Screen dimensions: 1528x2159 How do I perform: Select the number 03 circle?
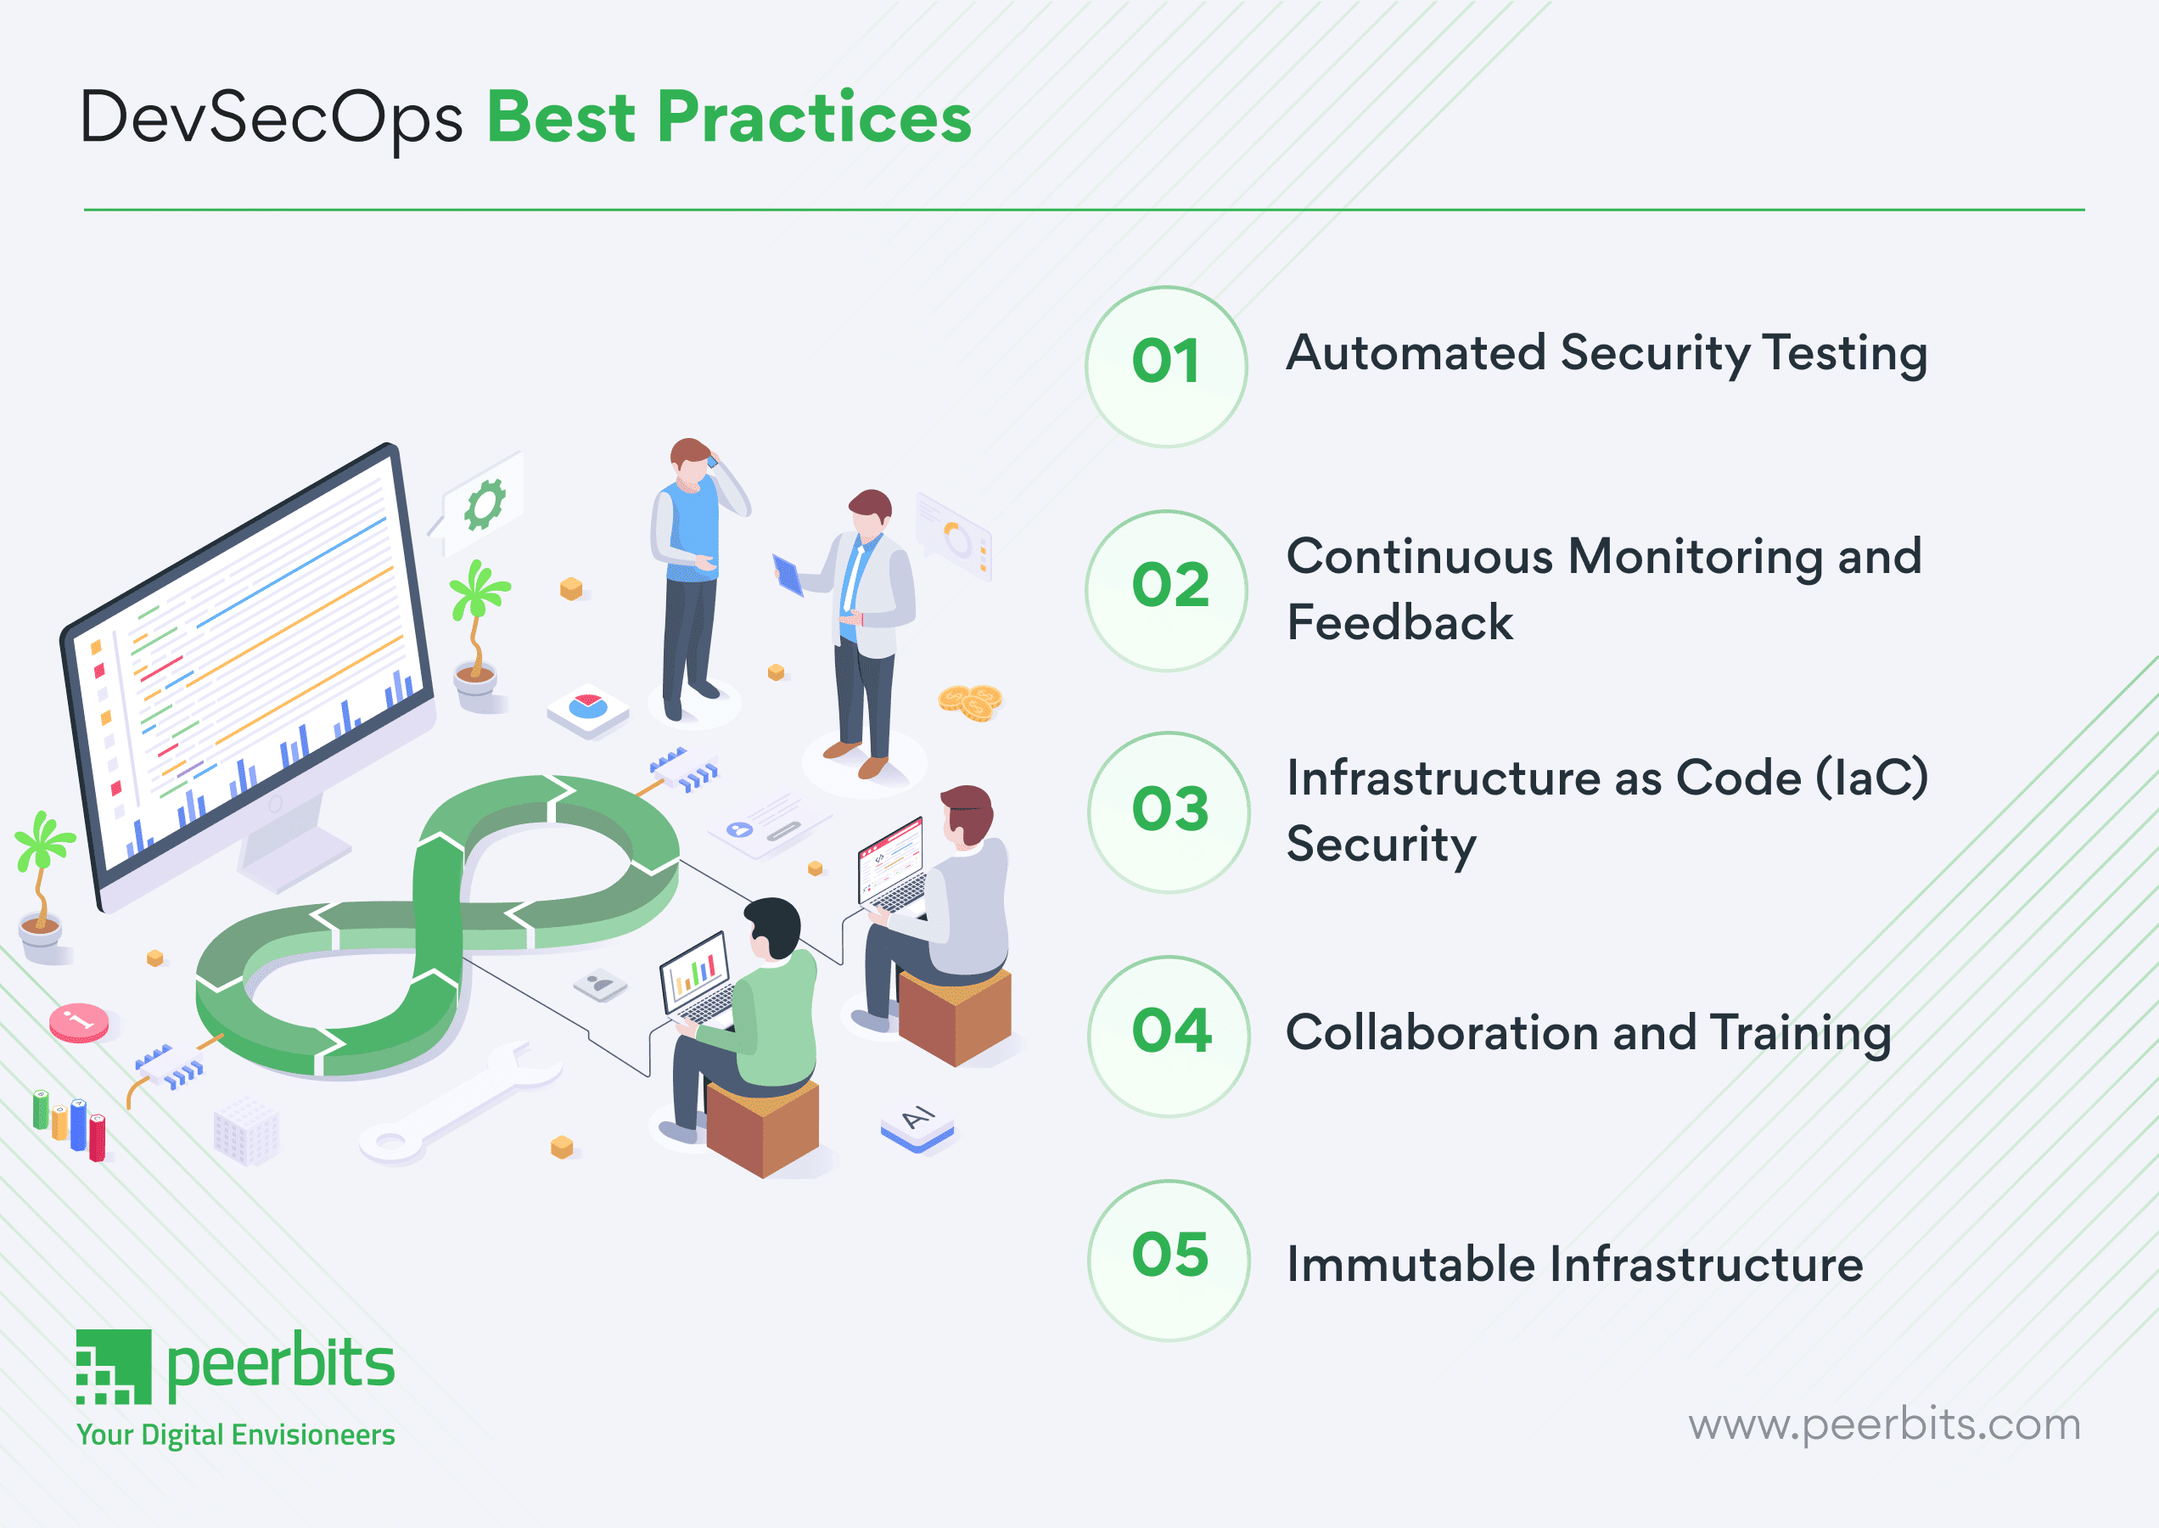point(1169,812)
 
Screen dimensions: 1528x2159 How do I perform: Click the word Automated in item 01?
point(1415,353)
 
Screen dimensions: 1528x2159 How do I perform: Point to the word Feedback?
point(1399,623)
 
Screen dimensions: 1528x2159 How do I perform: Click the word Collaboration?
point(1440,1032)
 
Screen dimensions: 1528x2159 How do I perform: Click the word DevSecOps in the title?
point(271,119)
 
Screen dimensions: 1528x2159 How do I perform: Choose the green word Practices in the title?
point(814,119)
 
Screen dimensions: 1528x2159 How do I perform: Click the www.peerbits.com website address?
point(1883,1424)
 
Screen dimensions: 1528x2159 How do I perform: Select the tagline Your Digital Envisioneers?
point(235,1435)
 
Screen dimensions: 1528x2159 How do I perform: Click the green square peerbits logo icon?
point(113,1366)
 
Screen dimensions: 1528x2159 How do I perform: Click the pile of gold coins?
point(970,702)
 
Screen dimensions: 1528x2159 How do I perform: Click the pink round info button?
point(79,1022)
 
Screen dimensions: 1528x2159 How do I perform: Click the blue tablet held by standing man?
point(788,575)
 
